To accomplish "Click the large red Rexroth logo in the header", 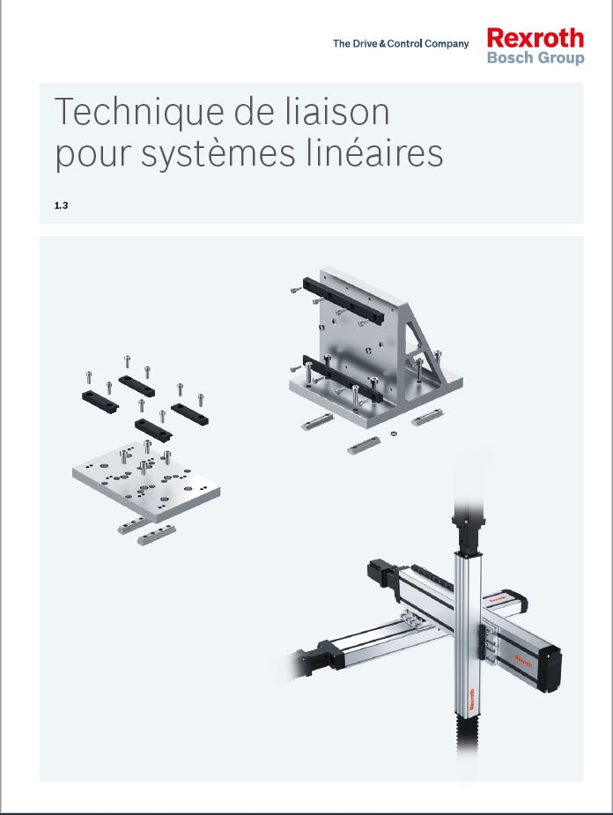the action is tap(535, 39).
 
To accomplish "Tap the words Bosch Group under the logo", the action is tap(535, 57).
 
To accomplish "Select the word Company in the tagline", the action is tap(447, 44).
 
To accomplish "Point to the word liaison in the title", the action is tap(337, 111).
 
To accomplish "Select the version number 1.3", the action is tap(62, 205).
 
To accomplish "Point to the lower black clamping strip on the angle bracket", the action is tap(343, 379).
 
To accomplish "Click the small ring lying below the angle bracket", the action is tap(394, 433).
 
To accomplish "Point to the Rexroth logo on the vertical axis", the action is tap(472, 700).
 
